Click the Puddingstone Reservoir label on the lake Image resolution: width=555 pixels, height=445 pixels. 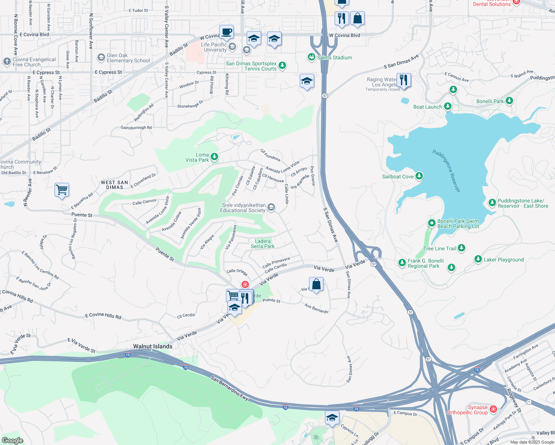446,171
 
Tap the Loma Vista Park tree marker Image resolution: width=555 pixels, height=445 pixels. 214,157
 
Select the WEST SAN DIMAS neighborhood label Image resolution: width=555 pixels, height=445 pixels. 114,185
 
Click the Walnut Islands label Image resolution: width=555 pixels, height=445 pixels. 153,346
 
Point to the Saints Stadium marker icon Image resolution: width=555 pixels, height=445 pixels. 311,57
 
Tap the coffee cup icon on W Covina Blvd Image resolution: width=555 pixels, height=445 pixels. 226,32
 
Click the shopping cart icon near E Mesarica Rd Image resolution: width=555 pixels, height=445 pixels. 62,190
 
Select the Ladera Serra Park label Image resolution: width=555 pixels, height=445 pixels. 263,244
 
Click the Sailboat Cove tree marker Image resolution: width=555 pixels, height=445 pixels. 419,176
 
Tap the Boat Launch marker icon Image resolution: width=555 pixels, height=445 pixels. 448,106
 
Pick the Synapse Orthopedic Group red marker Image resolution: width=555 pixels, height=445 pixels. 493,409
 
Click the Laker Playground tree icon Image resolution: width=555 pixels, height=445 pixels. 478,259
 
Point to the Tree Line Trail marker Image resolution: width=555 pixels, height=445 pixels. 461,248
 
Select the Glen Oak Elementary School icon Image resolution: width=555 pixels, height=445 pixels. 101,57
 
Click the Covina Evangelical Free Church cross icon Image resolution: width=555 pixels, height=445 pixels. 7,62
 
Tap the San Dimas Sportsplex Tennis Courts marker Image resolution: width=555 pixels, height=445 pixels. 282,66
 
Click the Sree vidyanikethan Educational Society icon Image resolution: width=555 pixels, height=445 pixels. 271,207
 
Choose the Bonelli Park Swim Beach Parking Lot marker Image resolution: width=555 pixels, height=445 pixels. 431,223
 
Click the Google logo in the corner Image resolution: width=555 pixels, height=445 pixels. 12,440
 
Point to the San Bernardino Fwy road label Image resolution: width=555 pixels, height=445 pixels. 229,388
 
